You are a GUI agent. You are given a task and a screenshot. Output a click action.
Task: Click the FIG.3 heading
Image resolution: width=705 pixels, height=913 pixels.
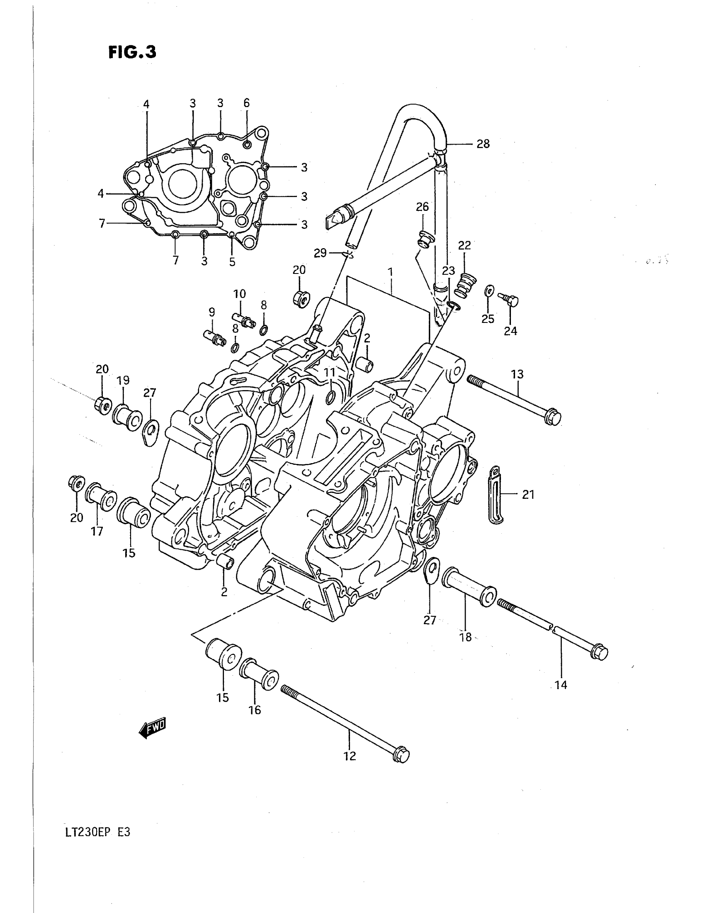[x=132, y=52]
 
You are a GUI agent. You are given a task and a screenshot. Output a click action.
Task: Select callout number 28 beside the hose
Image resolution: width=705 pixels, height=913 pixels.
[x=483, y=144]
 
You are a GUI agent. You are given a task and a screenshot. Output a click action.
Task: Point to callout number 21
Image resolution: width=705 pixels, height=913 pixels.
[x=528, y=495]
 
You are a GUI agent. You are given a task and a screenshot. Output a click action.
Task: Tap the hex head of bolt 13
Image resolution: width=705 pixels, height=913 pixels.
[x=553, y=417]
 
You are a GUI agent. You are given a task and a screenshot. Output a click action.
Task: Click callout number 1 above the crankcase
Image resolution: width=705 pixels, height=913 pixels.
[x=390, y=273]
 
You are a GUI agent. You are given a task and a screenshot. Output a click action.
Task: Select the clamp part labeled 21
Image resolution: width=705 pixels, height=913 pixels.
[x=496, y=495]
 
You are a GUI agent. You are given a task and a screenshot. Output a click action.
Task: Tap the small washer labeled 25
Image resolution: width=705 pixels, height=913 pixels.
[x=489, y=290]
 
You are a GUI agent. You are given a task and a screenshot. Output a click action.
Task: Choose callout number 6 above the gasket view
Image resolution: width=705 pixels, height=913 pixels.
[x=246, y=103]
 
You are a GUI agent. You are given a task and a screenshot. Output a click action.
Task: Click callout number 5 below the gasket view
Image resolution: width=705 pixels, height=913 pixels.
[x=232, y=262]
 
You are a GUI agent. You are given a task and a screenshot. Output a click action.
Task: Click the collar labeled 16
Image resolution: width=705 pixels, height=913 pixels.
[x=259, y=674]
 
